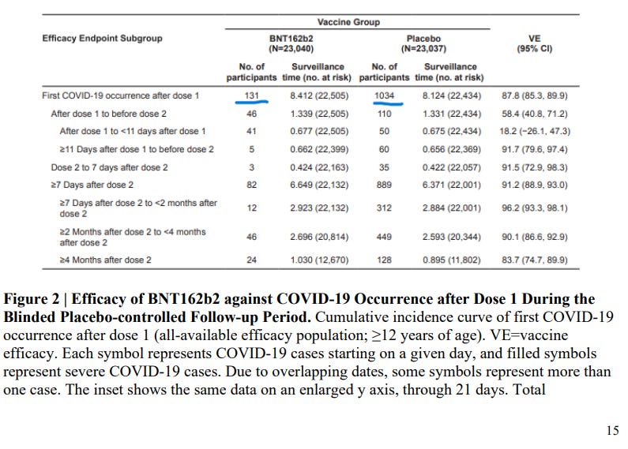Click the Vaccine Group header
348,23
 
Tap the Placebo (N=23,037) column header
423,43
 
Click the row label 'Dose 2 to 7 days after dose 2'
105,167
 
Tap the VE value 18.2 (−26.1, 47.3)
536,131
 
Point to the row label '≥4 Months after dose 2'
105,260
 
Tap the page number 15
612,431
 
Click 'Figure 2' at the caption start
31,300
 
